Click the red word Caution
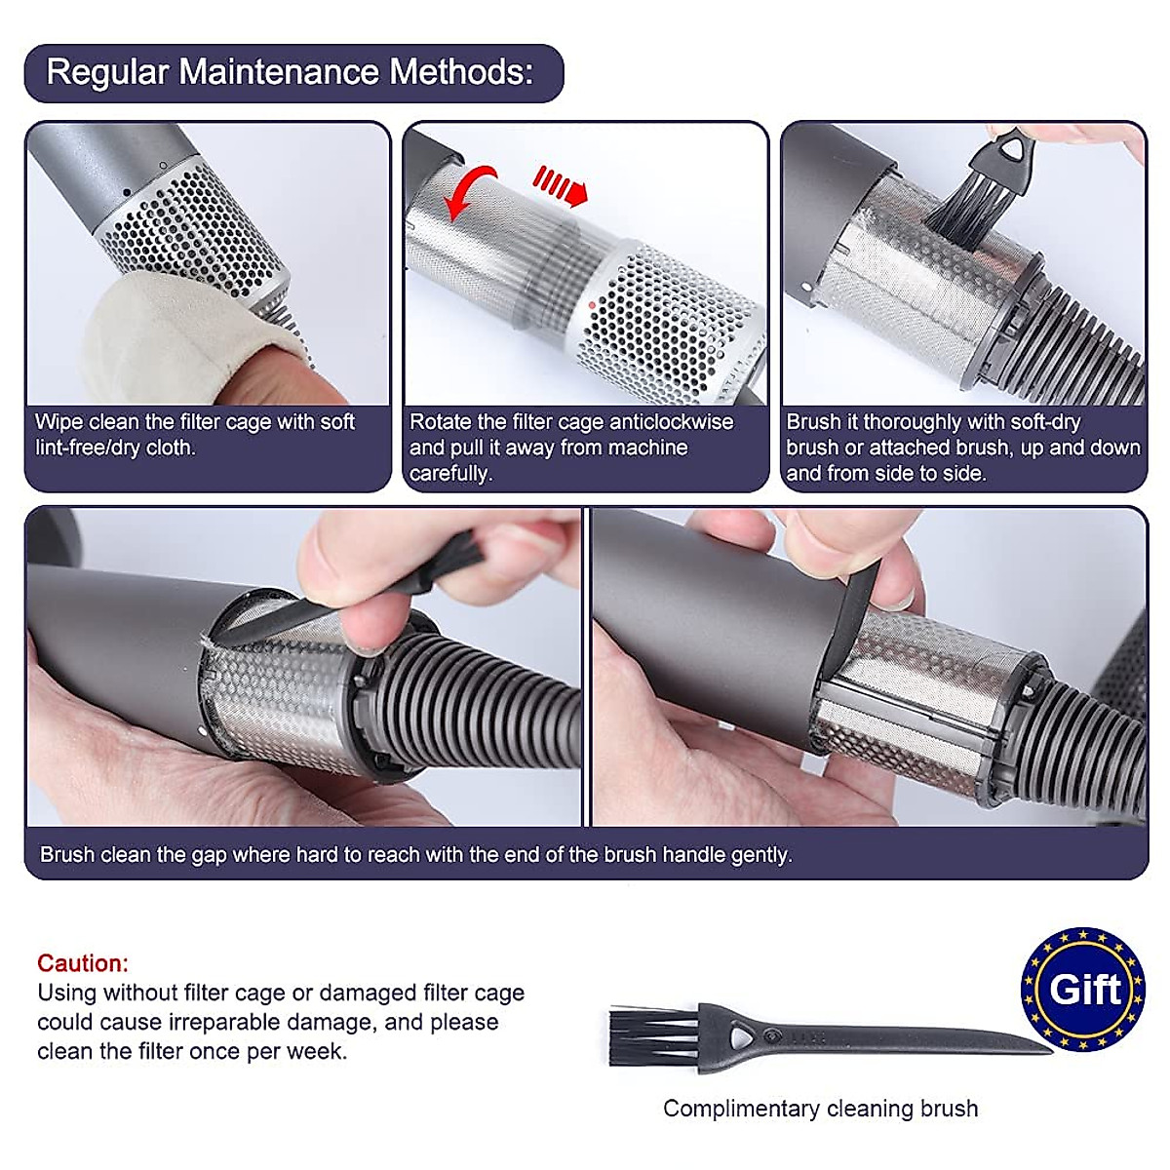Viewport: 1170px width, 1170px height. pos(82,963)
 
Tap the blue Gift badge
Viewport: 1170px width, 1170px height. pos(1083,991)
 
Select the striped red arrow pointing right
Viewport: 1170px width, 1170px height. pos(561,185)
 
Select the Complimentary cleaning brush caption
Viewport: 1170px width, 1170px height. pos(820,1109)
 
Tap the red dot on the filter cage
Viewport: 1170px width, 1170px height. pos(593,305)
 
